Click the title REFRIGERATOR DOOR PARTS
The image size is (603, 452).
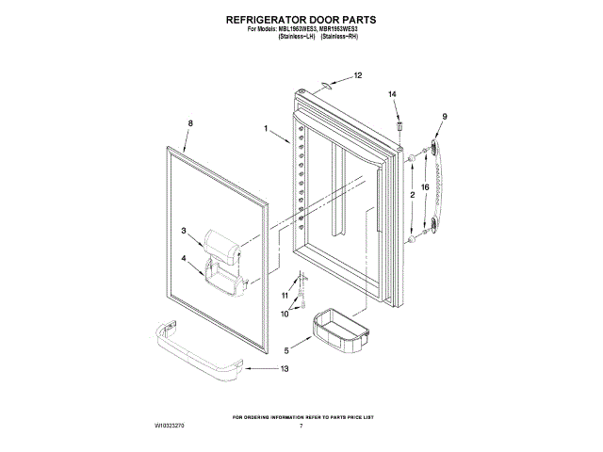point(301,18)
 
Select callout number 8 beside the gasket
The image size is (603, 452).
point(190,123)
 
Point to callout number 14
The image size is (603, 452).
point(394,94)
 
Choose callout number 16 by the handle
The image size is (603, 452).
point(425,188)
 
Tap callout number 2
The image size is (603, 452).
point(411,194)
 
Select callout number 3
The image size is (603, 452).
point(185,230)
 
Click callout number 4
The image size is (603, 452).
point(185,258)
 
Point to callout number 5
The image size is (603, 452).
point(287,351)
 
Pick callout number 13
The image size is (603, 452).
point(285,368)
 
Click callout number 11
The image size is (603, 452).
point(285,296)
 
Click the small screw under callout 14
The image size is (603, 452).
point(399,122)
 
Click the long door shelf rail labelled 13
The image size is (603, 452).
point(193,353)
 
